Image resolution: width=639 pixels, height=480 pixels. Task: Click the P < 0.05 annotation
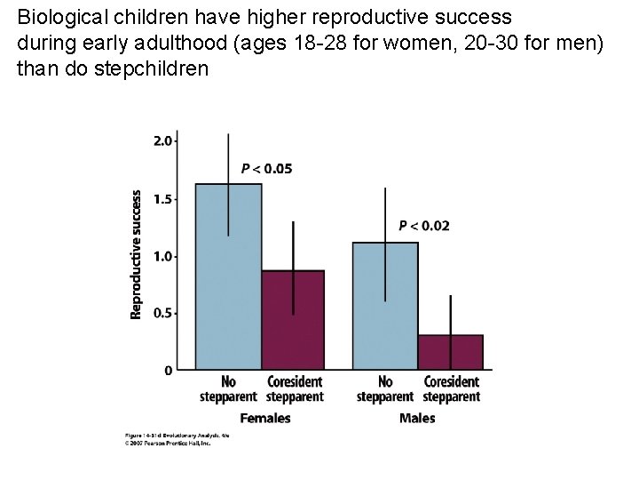tap(266, 169)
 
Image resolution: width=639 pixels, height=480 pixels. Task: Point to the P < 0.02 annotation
tap(424, 226)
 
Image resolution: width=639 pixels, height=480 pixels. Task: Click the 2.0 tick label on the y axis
tap(163, 140)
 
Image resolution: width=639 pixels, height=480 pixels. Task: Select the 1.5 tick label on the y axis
tap(163, 199)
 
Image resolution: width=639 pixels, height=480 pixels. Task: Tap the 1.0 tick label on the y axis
tap(163, 256)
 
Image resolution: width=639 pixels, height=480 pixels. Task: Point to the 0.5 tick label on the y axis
tap(163, 313)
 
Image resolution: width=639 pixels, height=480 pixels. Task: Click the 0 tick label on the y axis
tap(169, 370)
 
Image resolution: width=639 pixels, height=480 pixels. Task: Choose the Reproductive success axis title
tap(137, 254)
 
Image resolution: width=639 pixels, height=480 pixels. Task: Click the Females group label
tap(265, 418)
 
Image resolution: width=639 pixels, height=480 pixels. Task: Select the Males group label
tap(417, 418)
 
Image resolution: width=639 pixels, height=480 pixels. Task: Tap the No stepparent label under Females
tap(228, 389)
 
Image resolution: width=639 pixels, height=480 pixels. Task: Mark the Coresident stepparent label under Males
tap(452, 389)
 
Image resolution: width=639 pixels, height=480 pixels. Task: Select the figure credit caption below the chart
tap(167, 437)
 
